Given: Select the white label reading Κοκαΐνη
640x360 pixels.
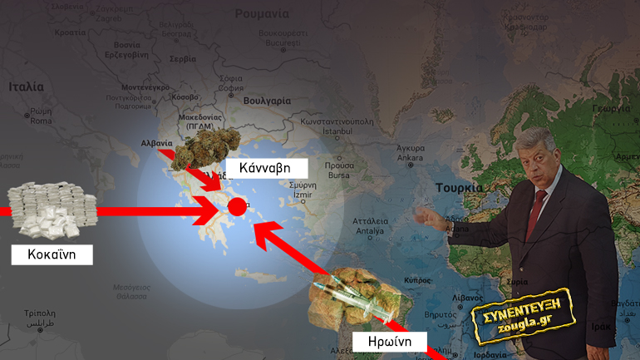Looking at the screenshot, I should click(x=52, y=254).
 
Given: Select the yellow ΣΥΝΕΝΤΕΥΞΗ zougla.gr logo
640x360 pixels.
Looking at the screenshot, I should click(x=516, y=315).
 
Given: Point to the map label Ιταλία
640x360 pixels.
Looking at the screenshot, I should click(x=26, y=86).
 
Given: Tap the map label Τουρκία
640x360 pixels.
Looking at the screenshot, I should click(x=458, y=188).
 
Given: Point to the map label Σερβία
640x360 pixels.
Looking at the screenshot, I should click(x=182, y=60).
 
